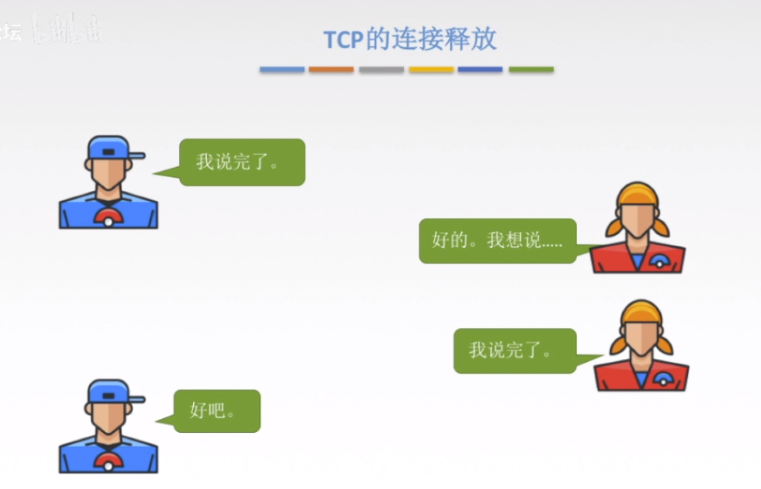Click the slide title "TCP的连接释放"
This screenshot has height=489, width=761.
pos(409,39)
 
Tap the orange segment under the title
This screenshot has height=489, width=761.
pos(331,69)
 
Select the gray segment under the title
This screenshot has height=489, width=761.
pos(381,69)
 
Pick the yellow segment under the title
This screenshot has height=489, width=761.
pos(431,69)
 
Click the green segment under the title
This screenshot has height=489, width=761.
pos(531,69)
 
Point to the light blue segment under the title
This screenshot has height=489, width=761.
pos(282,69)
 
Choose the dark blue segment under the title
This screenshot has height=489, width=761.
pos(480,69)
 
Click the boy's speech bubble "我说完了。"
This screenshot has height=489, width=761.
pos(242,162)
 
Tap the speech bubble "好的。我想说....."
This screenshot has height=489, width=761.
pos(497,240)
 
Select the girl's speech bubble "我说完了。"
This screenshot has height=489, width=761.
pos(514,350)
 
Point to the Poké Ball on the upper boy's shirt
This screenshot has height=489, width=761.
pos(108,217)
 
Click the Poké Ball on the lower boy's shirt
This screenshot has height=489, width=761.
pos(108,461)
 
